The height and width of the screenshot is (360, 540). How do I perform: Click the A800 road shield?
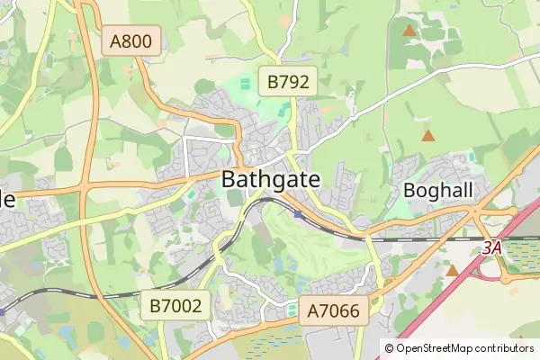(131, 40)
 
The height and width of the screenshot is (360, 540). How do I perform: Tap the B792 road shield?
(288, 83)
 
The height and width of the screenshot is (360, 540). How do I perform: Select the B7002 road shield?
(176, 306)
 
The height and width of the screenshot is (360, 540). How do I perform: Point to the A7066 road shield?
(333, 311)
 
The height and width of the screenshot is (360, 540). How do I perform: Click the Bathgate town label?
(271, 179)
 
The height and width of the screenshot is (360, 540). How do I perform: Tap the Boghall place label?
(437, 191)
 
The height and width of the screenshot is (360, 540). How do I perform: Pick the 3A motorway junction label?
(490, 247)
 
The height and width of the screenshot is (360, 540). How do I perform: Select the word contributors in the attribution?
(503, 347)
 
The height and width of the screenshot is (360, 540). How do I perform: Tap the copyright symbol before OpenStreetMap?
(389, 347)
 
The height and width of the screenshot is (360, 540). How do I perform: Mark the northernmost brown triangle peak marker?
(409, 31)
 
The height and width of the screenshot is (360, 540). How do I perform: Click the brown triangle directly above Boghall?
(428, 136)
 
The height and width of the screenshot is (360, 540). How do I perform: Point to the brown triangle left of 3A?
(452, 268)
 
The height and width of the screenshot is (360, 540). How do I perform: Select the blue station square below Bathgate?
(298, 213)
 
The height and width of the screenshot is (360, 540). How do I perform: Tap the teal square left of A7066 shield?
(292, 310)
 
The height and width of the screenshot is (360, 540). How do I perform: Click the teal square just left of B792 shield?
(247, 84)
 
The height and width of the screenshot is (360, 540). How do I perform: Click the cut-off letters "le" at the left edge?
(8, 200)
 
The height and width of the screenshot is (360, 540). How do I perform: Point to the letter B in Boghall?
(410, 191)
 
